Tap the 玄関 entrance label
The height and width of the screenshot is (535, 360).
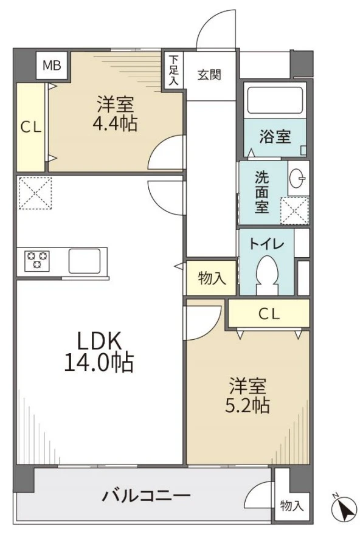point(209,75)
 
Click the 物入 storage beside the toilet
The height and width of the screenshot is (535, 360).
point(211,278)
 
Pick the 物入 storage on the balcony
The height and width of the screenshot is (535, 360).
point(291,506)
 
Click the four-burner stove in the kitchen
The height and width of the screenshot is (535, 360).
point(36,261)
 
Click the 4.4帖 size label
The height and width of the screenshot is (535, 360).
point(116,124)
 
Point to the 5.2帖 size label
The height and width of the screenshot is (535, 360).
point(247,406)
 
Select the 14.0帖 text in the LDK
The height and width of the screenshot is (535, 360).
point(99,364)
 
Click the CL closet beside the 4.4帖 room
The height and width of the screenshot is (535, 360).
point(30,127)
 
